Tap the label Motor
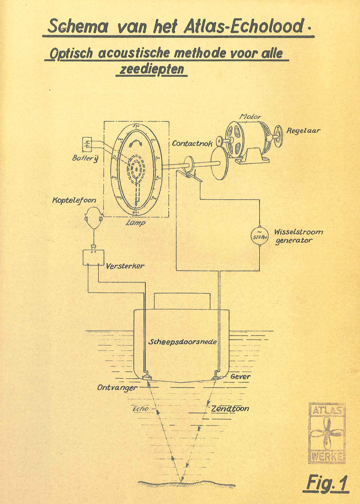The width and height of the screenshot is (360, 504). click(x=250, y=116)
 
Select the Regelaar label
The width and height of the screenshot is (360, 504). click(x=303, y=131)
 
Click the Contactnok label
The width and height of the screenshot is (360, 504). click(x=192, y=144)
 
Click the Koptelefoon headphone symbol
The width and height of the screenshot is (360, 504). click(x=94, y=216)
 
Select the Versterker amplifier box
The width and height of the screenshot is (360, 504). click(x=94, y=257)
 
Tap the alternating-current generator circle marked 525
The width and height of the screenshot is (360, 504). click(x=259, y=236)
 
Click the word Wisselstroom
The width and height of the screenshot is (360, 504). click(x=298, y=232)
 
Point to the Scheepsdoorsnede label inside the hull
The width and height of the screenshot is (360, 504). click(x=182, y=342)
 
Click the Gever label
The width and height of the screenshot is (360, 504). click(x=240, y=377)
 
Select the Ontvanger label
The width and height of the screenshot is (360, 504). click(x=117, y=388)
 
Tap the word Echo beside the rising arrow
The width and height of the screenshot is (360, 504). click(x=141, y=409)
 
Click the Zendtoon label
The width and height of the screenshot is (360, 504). click(x=230, y=408)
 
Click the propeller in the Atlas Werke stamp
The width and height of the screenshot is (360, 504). click(x=327, y=433)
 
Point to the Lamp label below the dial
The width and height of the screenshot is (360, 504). click(x=136, y=223)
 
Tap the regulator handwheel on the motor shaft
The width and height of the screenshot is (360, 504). click(x=278, y=136)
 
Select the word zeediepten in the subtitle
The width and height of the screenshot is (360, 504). click(x=152, y=69)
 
